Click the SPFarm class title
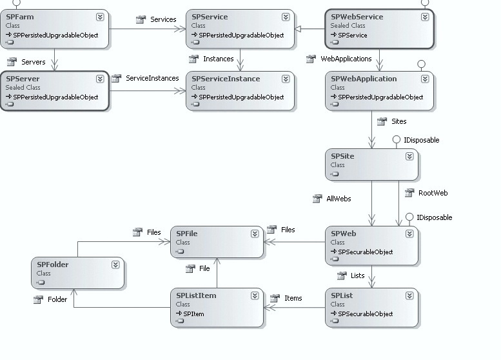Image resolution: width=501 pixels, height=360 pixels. tap(19, 17)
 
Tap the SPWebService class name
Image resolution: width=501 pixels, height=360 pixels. tap(357, 17)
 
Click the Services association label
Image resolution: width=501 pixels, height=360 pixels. tap(163, 19)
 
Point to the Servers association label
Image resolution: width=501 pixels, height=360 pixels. tap(34, 62)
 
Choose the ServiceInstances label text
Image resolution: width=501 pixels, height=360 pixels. tap(152, 78)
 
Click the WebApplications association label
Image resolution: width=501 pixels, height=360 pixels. tap(346, 59)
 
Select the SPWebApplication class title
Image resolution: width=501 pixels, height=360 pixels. tap(364, 79)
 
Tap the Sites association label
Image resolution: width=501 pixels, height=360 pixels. tap(399, 121)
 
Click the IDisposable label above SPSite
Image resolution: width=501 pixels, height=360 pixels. tap(421, 140)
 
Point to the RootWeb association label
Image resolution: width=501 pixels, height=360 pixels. tap(433, 193)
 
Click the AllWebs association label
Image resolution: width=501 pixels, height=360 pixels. tap(339, 199)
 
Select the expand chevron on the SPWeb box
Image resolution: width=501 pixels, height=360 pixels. tap(409, 234)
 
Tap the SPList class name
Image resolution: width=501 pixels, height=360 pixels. tap(342, 295)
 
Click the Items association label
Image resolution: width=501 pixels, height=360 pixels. tap(293, 298)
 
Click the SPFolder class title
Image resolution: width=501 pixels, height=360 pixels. tap(52, 265)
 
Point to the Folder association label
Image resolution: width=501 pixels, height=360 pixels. tap(57, 299)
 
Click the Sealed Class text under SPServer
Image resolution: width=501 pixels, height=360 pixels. tap(23, 88)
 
